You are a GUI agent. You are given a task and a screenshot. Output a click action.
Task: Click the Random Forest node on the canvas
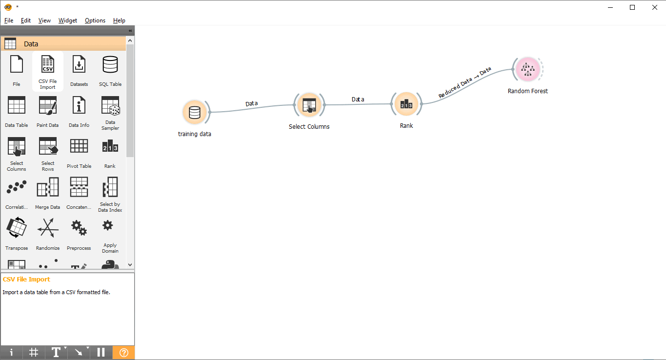[528, 69]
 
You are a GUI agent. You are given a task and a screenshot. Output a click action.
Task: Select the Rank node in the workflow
[406, 104]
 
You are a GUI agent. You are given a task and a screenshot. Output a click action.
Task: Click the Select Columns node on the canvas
[309, 105]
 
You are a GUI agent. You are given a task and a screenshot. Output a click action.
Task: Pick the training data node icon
[195, 112]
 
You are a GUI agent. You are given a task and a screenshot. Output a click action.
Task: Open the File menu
[9, 20]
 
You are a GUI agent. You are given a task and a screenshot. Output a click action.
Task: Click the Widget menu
[68, 20]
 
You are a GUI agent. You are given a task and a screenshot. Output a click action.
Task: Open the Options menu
[95, 20]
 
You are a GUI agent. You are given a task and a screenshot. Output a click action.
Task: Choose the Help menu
[119, 20]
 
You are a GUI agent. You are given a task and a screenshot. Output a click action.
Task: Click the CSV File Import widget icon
[48, 64]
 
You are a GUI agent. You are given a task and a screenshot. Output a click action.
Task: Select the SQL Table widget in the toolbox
[110, 71]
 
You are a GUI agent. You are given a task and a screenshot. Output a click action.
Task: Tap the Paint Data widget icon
[48, 105]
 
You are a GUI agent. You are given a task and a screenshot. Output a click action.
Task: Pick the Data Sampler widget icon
[110, 105]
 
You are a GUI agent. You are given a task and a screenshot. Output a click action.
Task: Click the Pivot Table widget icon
[79, 146]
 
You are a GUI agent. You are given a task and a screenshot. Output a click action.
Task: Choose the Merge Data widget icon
[48, 187]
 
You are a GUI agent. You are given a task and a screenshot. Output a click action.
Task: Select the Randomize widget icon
[48, 228]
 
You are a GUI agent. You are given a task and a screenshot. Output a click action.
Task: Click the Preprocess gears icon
[79, 228]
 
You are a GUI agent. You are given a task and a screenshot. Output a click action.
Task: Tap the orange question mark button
[124, 353]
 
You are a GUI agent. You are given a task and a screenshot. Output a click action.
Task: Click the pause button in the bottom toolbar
[101, 353]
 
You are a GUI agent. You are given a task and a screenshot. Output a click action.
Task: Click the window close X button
[655, 7]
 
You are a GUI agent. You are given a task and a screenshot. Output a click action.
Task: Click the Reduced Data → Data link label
[464, 82]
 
